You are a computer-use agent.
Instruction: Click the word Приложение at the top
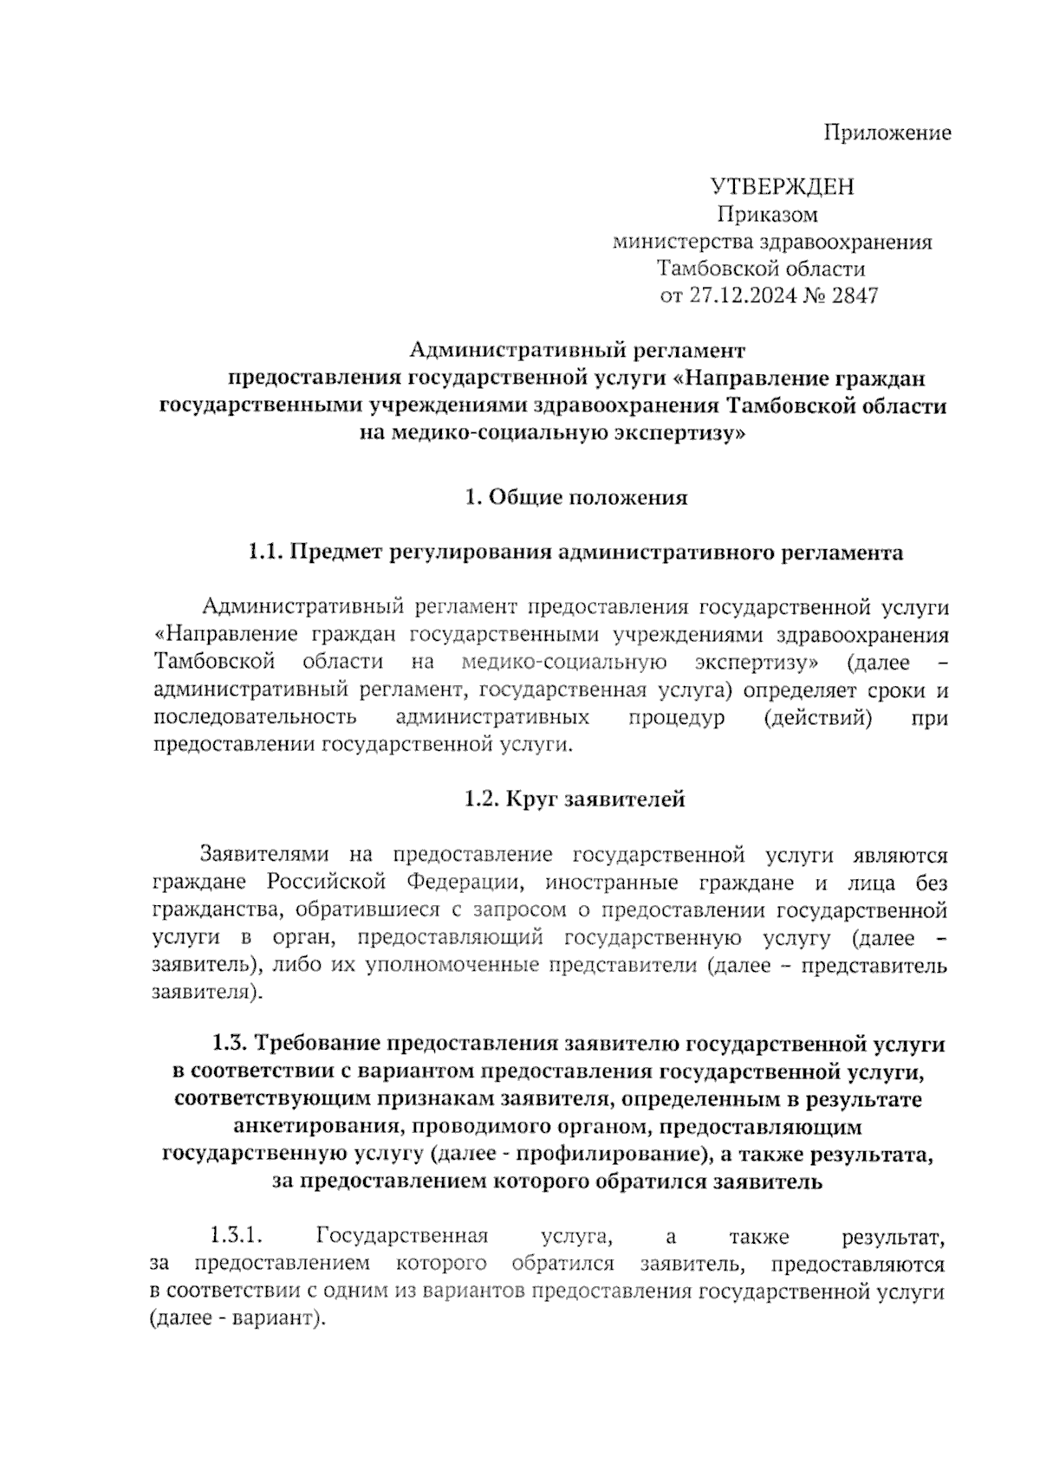tap(887, 133)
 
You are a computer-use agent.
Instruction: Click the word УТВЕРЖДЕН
tap(782, 186)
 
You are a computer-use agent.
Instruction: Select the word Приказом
tap(767, 214)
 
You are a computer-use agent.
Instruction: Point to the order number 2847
tap(855, 296)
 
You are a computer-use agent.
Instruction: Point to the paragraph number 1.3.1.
tap(237, 1234)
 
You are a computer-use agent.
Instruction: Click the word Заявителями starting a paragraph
tap(263, 856)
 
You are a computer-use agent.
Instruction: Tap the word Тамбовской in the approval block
tap(711, 269)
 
